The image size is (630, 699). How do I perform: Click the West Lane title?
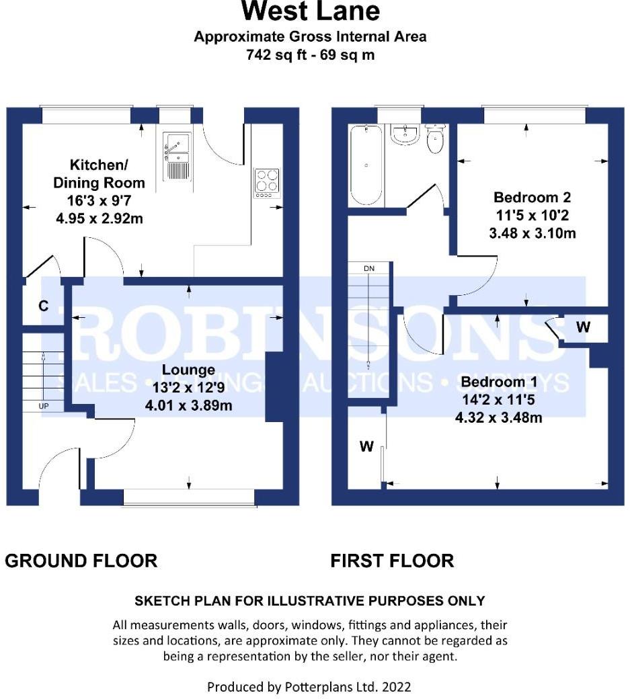311,11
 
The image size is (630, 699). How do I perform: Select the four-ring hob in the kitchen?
267,183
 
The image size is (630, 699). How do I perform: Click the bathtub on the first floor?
366,165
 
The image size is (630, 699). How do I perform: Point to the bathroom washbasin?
405,134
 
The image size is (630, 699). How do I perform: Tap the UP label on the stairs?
43,406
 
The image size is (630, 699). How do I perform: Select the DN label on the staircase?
368,268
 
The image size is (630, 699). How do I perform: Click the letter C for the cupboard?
43,306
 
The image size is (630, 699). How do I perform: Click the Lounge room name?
188,370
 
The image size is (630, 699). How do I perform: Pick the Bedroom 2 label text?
532,197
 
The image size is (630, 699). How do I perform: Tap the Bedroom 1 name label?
499,382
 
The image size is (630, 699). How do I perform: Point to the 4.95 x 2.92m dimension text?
100,218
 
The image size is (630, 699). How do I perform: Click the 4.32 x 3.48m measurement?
498,417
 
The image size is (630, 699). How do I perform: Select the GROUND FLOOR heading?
81,561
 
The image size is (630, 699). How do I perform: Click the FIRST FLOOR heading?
393,561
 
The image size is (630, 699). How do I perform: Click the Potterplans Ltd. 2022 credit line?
309,687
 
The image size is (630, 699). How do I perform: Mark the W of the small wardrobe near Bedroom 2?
583,327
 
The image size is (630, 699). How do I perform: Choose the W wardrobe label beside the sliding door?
366,446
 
